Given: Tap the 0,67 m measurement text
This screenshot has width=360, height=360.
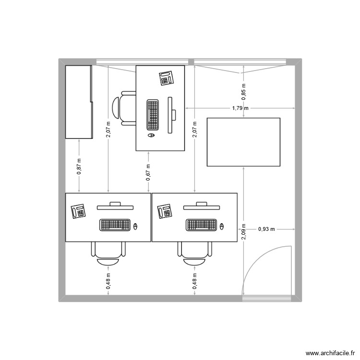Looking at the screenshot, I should coord(148,172).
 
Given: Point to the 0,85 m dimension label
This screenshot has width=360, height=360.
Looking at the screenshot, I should coord(244,92).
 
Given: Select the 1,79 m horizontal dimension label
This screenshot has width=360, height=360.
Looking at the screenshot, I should coord(240,108).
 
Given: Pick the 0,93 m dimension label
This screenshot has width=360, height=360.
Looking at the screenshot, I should coord(266,229).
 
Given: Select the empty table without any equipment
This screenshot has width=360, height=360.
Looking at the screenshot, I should coord(243,142).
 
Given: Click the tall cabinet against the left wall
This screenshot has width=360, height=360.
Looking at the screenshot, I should coord(78,102).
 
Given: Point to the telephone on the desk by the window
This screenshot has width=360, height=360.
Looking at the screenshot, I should coord(166,78).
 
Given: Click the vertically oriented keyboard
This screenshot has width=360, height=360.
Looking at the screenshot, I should coord(153,115).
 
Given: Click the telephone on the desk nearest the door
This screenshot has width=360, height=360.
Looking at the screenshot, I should coord(165,211).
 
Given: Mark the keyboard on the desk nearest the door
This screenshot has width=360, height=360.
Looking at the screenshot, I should coord(201,224).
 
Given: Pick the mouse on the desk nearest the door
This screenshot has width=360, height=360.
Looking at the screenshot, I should coord(222,225).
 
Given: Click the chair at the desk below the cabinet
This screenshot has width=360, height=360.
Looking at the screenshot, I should coord(109,253).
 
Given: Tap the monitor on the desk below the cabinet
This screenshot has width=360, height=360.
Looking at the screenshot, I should coord(115,206).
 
